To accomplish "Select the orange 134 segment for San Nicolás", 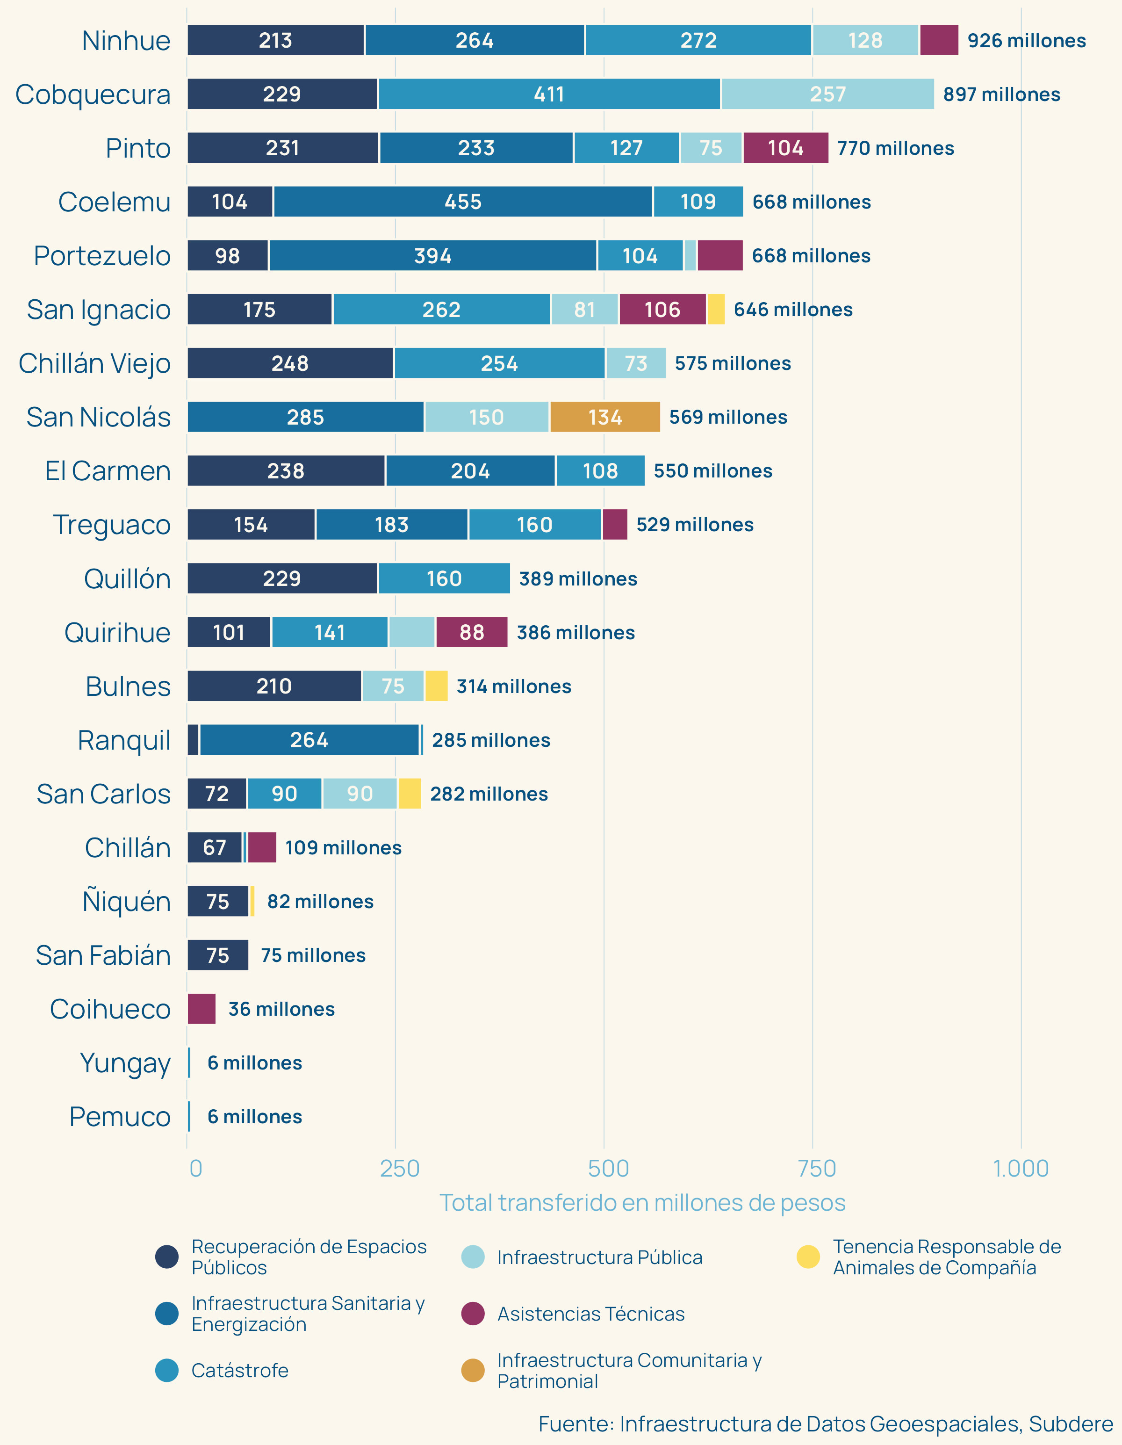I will point(604,417).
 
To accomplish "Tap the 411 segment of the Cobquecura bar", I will point(549,94).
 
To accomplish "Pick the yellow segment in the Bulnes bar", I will point(436,686).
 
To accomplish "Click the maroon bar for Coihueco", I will point(202,1009).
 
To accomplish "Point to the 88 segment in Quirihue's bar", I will point(472,633).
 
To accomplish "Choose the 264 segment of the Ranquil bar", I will point(309,740).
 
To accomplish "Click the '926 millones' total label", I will point(1026,40).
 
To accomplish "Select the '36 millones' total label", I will point(281,1009).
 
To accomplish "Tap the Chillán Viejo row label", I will point(94,363).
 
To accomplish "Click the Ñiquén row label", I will point(126,901).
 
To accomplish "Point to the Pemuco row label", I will point(120,1117).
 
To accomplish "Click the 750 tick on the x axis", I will point(816,1169).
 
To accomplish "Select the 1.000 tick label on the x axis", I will point(1021,1169).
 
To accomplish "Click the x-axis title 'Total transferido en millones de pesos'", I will point(642,1203).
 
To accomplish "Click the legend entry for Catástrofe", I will point(239,1370).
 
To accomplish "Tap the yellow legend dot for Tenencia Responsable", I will point(808,1257).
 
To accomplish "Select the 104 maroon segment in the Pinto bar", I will point(785,148).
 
